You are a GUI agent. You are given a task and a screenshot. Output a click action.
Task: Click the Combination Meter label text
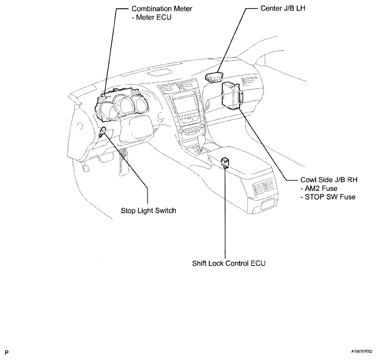pyautogui.click(x=162, y=9)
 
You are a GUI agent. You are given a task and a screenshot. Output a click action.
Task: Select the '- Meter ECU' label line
pyautogui.click(x=151, y=17)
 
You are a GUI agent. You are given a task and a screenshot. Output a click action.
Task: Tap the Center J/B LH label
pyautogui.click(x=283, y=8)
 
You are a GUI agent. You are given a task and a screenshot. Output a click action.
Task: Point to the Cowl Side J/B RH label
pyautogui.click(x=329, y=180)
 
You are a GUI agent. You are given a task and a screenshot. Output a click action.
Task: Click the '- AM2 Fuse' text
pyautogui.click(x=319, y=189)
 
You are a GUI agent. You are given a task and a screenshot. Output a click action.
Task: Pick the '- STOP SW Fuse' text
pyautogui.click(x=328, y=197)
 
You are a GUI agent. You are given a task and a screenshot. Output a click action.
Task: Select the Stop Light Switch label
pyautogui.click(x=148, y=211)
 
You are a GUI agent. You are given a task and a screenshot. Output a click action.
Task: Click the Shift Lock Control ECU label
pyautogui.click(x=229, y=263)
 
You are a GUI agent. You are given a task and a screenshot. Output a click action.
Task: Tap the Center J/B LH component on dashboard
pyautogui.click(x=213, y=78)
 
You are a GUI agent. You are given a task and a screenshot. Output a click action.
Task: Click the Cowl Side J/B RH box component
pyautogui.click(x=232, y=96)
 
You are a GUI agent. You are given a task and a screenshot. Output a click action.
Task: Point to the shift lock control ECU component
pyautogui.click(x=225, y=163)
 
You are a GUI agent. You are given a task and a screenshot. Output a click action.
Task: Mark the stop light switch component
pyautogui.click(x=102, y=132)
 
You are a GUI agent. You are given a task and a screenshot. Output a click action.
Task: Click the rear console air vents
pyautogui.click(x=263, y=185)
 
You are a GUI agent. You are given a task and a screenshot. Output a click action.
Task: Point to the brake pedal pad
pyautogui.click(x=86, y=168)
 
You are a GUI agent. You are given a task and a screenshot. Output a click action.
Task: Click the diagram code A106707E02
pyautogui.click(x=361, y=351)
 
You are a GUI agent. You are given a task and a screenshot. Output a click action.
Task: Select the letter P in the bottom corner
pyautogui.click(x=7, y=352)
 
